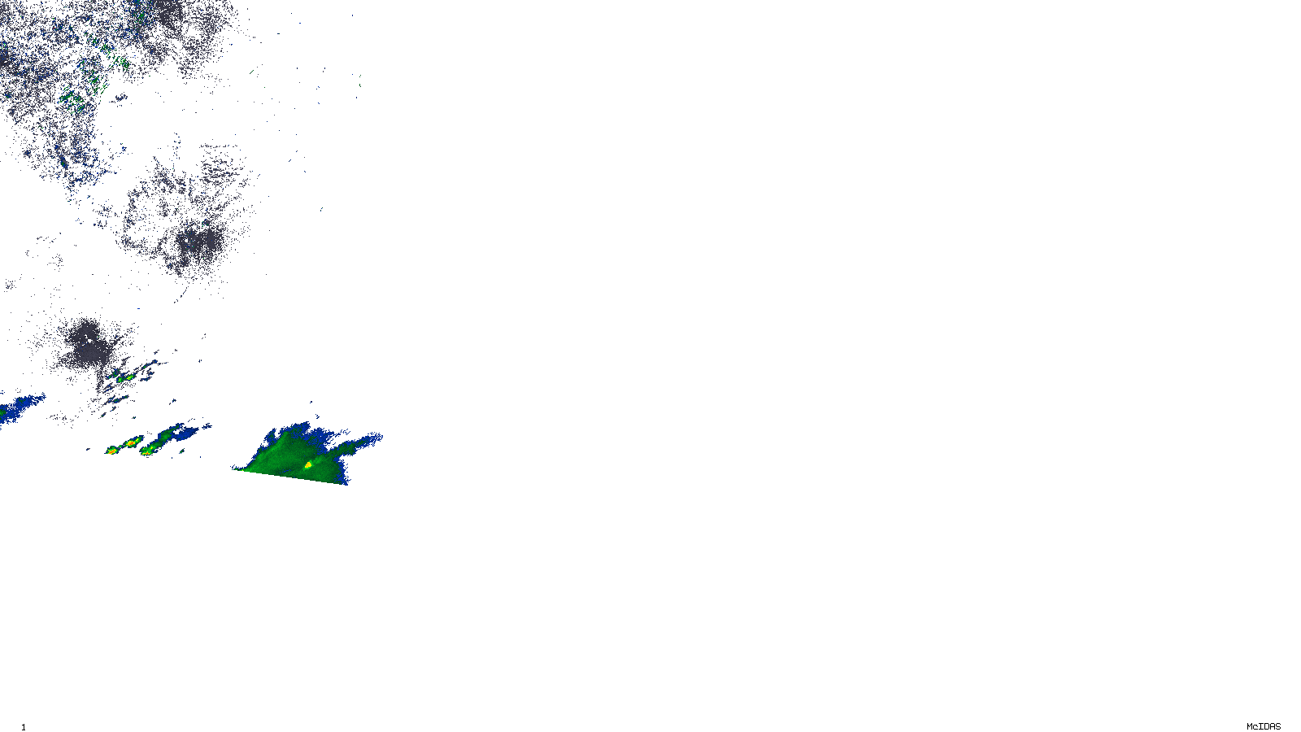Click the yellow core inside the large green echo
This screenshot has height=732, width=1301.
[x=308, y=464]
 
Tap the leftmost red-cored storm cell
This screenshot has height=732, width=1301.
[x=111, y=450]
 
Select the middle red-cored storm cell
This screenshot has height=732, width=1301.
[x=129, y=442]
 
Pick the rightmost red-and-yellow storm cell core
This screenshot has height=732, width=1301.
[x=147, y=448]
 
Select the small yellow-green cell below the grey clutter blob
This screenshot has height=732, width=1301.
[x=127, y=377]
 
